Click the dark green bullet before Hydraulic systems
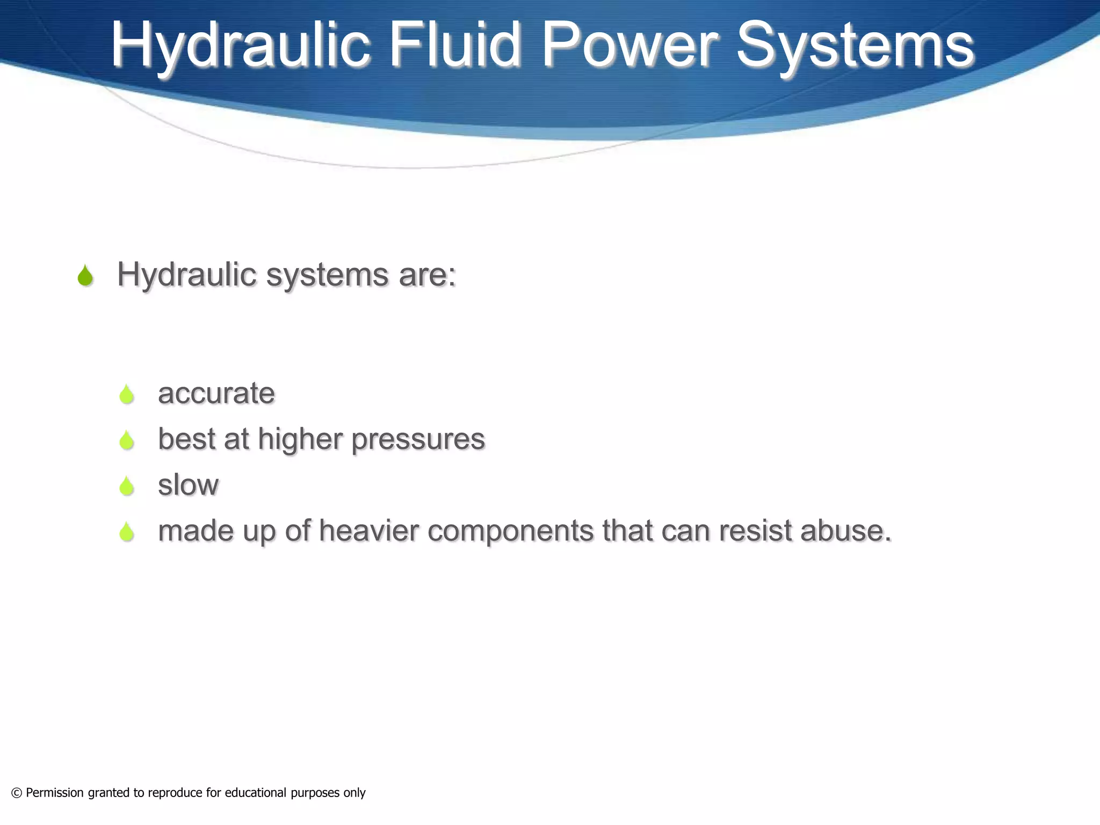coord(85,276)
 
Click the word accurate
coord(216,393)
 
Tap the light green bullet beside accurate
coord(127,394)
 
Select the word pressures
coord(418,440)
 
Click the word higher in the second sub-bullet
coord(300,439)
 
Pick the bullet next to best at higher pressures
coord(127,440)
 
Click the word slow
coord(188,484)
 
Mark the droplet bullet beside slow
coord(127,486)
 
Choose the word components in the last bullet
coord(510,531)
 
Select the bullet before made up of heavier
coord(127,532)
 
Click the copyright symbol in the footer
coord(17,793)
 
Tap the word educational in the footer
coord(255,793)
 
